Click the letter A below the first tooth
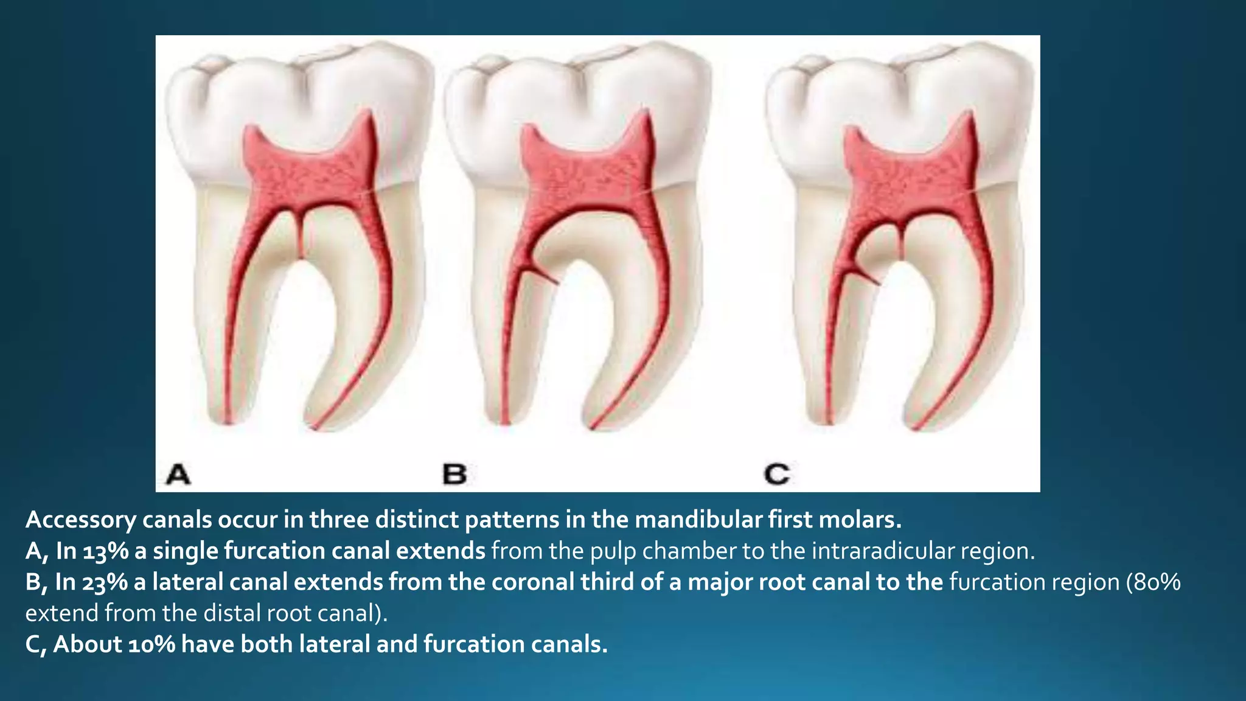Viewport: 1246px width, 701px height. [178, 474]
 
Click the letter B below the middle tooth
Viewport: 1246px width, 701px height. [454, 474]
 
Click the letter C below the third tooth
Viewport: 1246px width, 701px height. [777, 474]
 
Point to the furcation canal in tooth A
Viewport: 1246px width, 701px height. [300, 234]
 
